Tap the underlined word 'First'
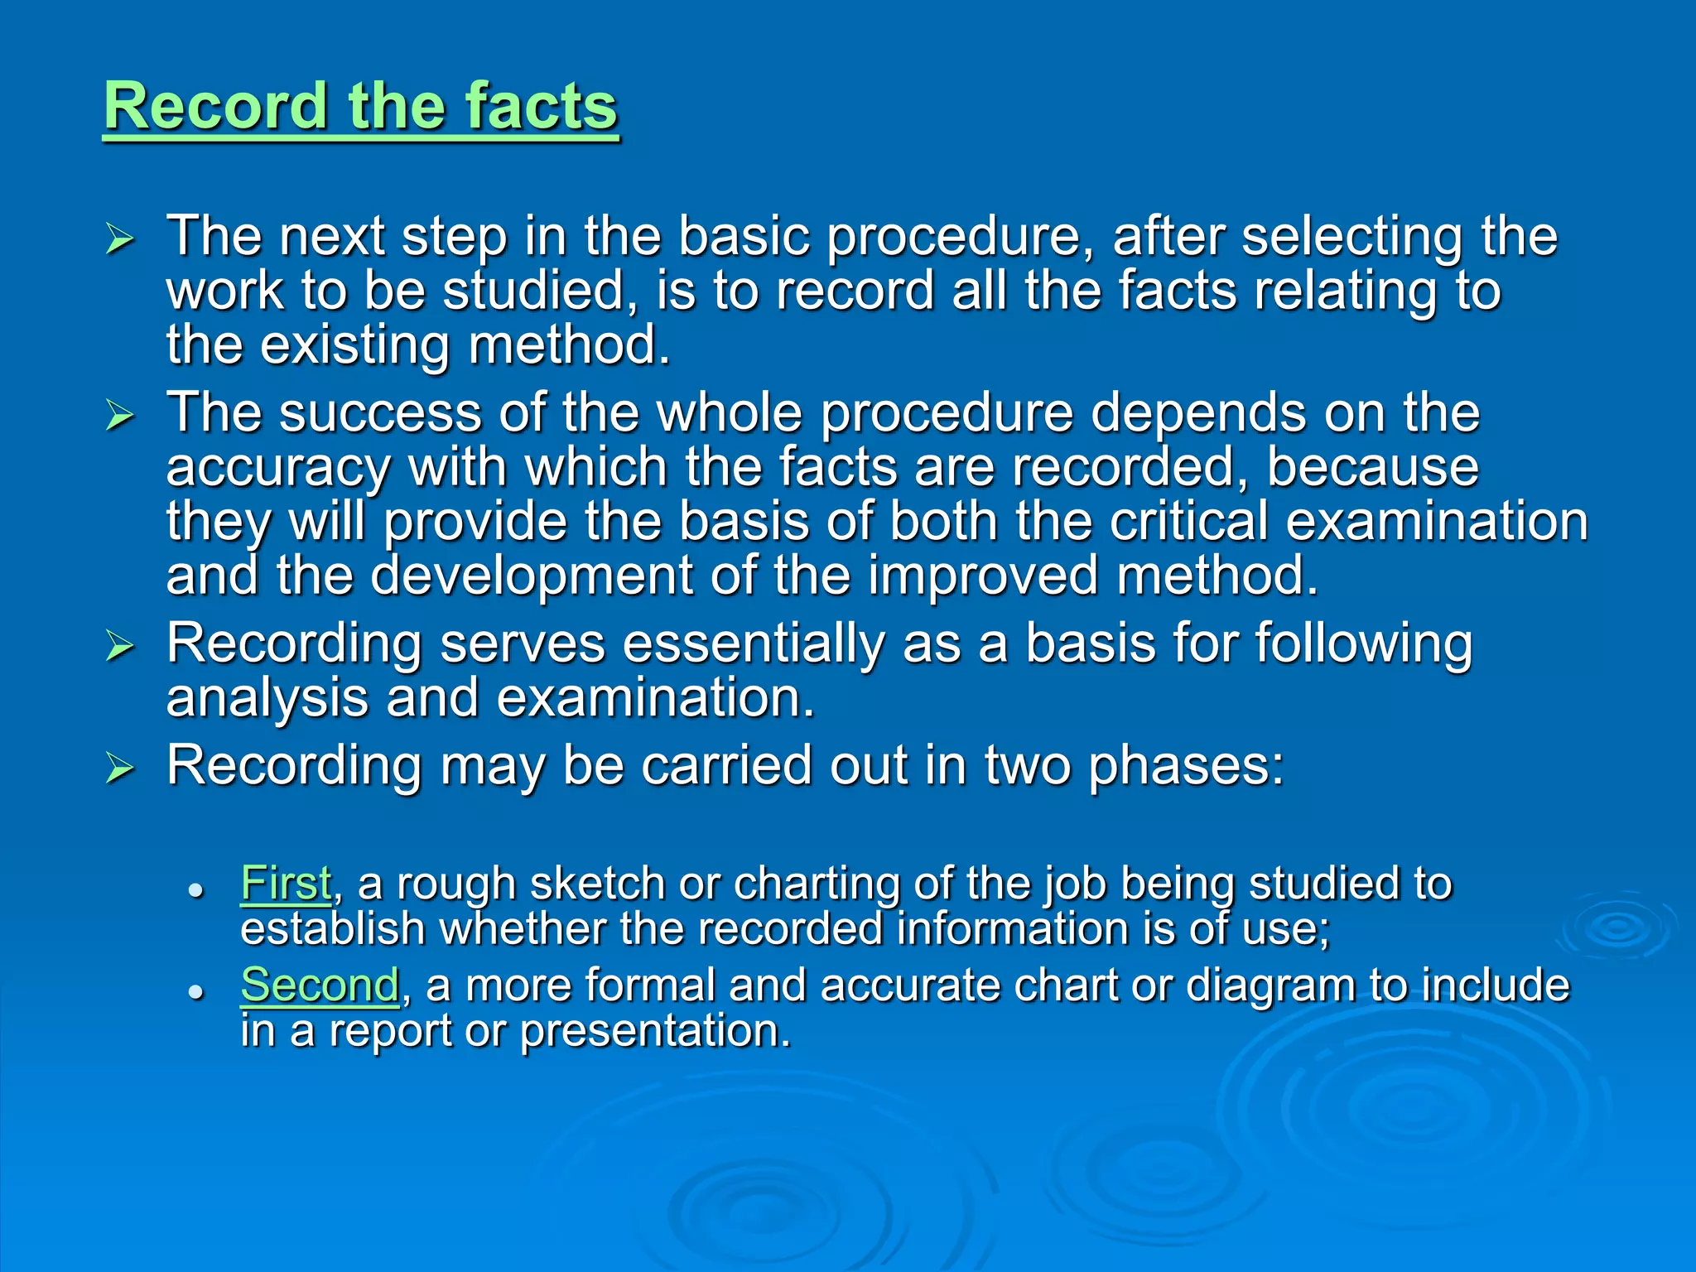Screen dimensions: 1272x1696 click(x=286, y=883)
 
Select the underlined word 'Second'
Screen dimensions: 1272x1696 click(x=320, y=985)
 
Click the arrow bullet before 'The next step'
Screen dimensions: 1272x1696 click(x=120, y=239)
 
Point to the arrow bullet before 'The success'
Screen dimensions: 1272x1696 click(x=120, y=416)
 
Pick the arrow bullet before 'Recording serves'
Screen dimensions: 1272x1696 click(x=120, y=646)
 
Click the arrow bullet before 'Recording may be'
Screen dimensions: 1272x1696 click(x=120, y=768)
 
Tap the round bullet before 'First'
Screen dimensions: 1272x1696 click(x=195, y=890)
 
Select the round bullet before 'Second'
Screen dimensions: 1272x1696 click(x=195, y=991)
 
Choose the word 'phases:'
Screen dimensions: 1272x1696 click(x=1186, y=767)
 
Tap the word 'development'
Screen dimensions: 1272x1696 click(x=531, y=576)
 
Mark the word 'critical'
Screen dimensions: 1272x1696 click(x=1189, y=522)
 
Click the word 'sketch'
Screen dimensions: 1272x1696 click(x=597, y=884)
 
